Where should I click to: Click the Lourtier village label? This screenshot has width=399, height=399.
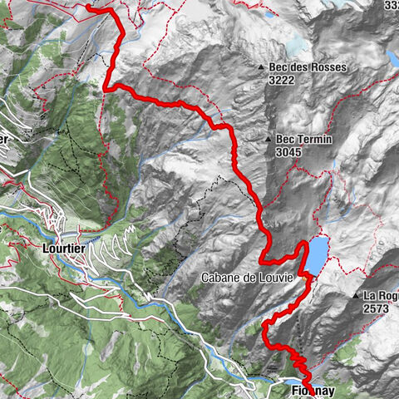[x=63, y=247]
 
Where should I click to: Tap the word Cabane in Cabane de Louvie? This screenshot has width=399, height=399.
[x=219, y=278]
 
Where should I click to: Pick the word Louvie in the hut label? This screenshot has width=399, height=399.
[x=274, y=278]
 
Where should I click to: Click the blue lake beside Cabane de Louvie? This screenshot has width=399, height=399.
[x=316, y=254]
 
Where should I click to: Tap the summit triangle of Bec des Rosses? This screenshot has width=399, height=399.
[x=262, y=68]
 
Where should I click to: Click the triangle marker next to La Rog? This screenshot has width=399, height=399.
[x=356, y=295]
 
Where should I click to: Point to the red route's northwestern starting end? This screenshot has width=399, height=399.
[x=88, y=7]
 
